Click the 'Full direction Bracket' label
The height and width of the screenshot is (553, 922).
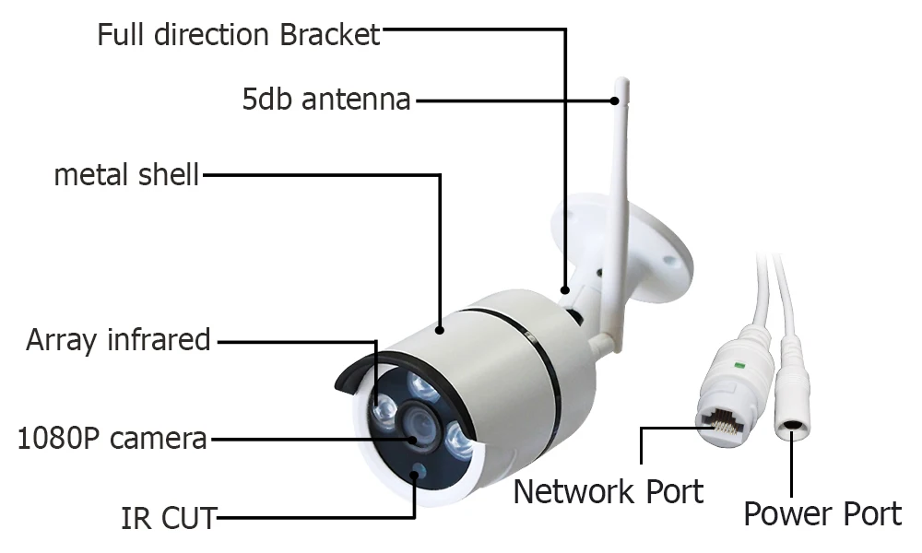239,35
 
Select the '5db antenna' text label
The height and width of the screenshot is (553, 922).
326,100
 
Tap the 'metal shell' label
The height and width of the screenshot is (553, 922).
126,175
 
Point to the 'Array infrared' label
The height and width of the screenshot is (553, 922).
118,340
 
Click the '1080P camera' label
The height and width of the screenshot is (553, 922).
112,439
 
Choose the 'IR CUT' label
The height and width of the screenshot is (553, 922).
169,518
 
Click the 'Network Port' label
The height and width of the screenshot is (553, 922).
609,492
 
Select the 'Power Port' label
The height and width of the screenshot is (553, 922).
822,514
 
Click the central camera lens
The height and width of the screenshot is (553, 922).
420,425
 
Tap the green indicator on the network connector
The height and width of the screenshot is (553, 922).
739,366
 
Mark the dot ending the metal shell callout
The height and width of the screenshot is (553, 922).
440,330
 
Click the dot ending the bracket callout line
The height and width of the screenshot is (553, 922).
565,289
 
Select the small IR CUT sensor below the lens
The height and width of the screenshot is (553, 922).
418,470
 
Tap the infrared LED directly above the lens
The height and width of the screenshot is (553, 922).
421,386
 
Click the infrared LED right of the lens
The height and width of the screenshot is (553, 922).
458,441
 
